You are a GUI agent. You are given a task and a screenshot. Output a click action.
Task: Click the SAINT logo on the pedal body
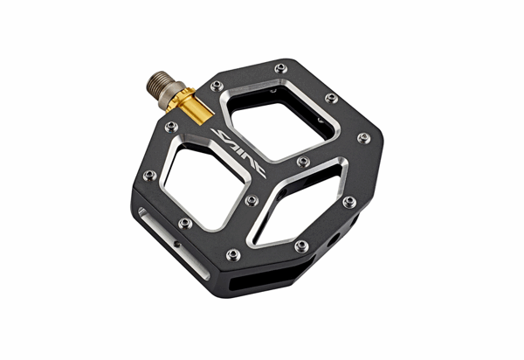(238, 153)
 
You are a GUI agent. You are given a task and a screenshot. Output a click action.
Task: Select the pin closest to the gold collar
(217, 87)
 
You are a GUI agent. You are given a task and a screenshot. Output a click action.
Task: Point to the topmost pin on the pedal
(280, 68)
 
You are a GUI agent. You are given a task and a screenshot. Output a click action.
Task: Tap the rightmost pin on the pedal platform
(364, 138)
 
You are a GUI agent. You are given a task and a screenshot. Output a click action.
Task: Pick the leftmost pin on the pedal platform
(149, 176)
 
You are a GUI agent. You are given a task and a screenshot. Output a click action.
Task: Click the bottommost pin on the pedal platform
(233, 254)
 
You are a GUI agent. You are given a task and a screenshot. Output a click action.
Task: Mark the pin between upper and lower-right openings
(303, 162)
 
